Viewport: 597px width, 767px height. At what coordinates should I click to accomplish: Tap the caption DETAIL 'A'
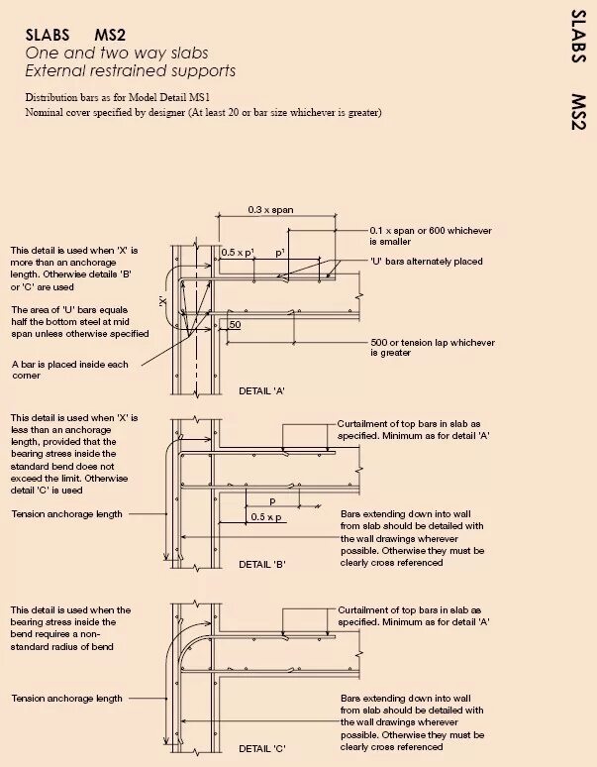(x=262, y=391)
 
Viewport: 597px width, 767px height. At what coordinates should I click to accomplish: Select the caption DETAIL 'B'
(x=262, y=564)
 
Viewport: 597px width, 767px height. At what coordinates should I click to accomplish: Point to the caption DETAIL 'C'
(x=262, y=746)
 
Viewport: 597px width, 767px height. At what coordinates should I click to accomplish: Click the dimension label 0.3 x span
(x=270, y=210)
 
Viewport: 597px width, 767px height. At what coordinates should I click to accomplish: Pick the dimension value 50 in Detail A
(x=235, y=325)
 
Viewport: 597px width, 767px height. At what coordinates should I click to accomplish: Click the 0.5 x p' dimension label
(x=237, y=252)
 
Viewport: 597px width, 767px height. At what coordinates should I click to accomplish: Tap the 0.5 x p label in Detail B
(x=265, y=517)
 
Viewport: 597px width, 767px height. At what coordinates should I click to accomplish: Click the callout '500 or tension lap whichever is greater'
(x=433, y=348)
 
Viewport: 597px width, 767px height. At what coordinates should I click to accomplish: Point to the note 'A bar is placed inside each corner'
(x=69, y=371)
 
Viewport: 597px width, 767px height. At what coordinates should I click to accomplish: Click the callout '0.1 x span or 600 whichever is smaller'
(x=430, y=236)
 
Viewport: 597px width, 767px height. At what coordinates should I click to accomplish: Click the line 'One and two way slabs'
(x=117, y=53)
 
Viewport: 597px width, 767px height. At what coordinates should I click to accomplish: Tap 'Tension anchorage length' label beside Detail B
(x=67, y=514)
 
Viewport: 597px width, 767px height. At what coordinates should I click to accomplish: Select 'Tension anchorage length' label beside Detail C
(x=67, y=699)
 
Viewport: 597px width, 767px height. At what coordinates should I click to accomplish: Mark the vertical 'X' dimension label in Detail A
(x=162, y=299)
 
